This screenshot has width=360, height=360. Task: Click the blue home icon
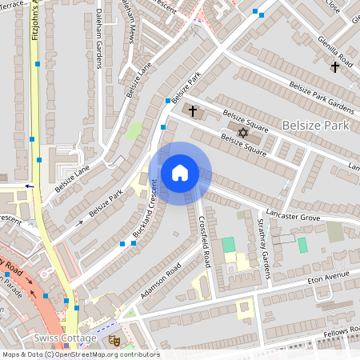(180, 172)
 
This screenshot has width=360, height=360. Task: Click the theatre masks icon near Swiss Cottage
(114, 339)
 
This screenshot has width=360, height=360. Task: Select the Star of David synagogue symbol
(243, 129)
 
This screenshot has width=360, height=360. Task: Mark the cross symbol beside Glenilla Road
(334, 67)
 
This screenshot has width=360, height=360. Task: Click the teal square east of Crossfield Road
(229, 244)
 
